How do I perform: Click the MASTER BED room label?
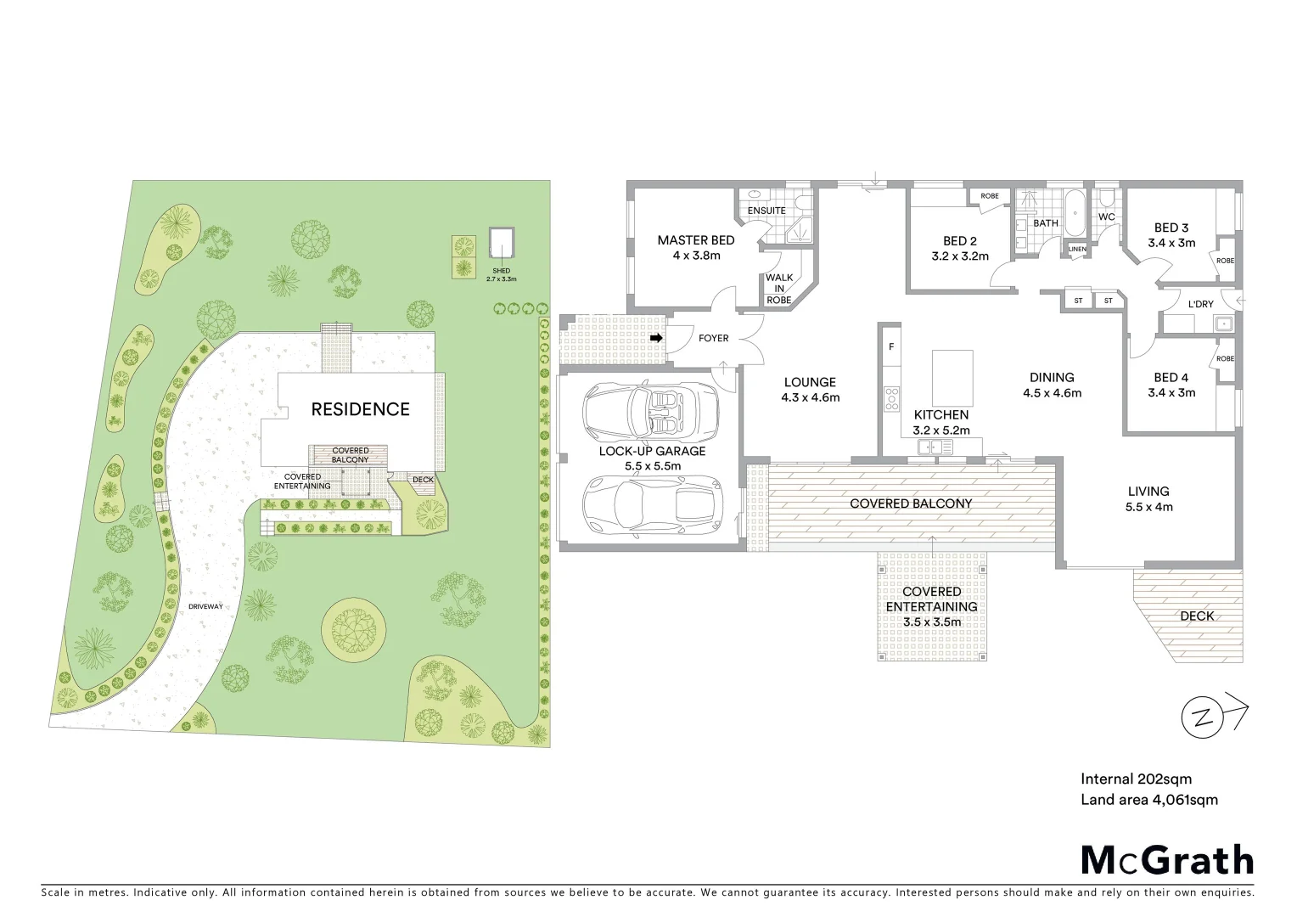[x=695, y=240]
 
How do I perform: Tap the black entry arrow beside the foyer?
[x=656, y=338]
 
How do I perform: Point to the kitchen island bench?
[x=952, y=378]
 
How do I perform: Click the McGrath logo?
[x=1166, y=859]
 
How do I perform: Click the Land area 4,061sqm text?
[x=1148, y=799]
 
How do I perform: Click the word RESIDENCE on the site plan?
[x=360, y=409]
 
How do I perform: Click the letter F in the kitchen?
[x=891, y=346]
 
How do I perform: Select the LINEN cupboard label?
[x=1076, y=249]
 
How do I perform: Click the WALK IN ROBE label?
[x=779, y=289]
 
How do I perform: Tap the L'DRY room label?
[x=1200, y=304]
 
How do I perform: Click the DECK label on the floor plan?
[x=1196, y=616]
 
